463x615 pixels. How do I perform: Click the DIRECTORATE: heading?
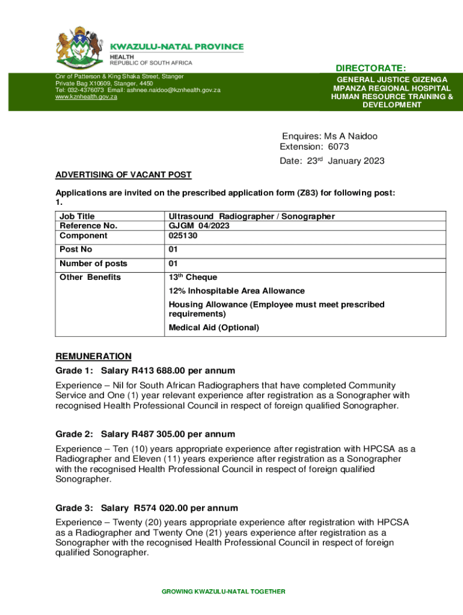point(370,68)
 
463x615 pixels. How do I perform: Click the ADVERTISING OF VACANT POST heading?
point(123,175)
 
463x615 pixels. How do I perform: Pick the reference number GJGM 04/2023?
point(199,226)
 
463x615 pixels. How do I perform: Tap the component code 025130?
point(183,235)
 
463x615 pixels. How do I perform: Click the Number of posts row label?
point(93,264)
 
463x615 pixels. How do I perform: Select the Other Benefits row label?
point(90,277)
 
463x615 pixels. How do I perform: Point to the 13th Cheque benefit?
point(192,277)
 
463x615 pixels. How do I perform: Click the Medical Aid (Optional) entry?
point(213,327)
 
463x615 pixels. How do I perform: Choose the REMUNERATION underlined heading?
point(93,356)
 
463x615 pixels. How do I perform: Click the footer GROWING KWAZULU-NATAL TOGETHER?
point(223,592)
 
